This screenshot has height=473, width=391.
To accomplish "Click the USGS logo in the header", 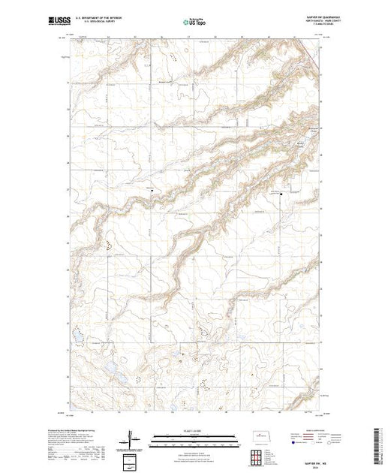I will [x=56, y=17].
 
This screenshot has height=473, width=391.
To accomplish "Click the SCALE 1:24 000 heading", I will [x=194, y=432].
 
